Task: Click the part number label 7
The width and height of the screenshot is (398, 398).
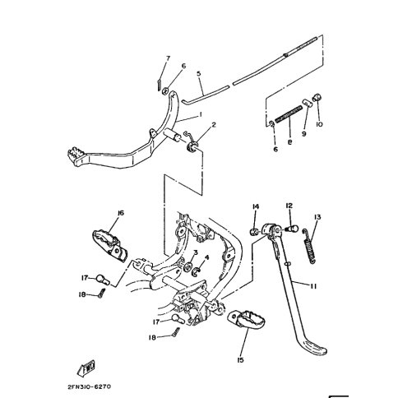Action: point(168,58)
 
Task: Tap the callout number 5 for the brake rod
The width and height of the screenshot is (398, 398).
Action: point(199,73)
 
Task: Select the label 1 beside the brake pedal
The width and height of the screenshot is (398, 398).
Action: point(201,114)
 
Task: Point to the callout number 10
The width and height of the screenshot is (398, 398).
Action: point(319,124)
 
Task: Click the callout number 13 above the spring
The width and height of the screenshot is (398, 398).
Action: point(317,217)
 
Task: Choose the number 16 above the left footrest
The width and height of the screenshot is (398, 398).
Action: point(121,213)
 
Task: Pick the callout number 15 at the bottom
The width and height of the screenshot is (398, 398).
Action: point(240,360)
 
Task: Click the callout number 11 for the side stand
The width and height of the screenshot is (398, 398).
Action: point(313,286)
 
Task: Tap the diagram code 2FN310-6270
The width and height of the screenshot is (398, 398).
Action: point(90,386)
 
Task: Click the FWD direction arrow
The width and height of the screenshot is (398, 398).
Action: point(86,368)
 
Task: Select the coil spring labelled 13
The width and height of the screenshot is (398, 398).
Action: point(309,246)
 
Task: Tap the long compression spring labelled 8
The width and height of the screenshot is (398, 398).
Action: point(289,113)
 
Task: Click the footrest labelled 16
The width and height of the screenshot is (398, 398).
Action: point(110,245)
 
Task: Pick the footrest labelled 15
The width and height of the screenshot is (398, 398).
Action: point(246,321)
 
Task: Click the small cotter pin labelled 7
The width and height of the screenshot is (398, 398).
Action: point(159,85)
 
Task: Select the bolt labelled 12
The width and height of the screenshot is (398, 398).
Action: point(292,229)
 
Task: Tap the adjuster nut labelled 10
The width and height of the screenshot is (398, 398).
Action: point(317,97)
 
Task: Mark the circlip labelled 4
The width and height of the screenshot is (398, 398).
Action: point(197,271)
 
